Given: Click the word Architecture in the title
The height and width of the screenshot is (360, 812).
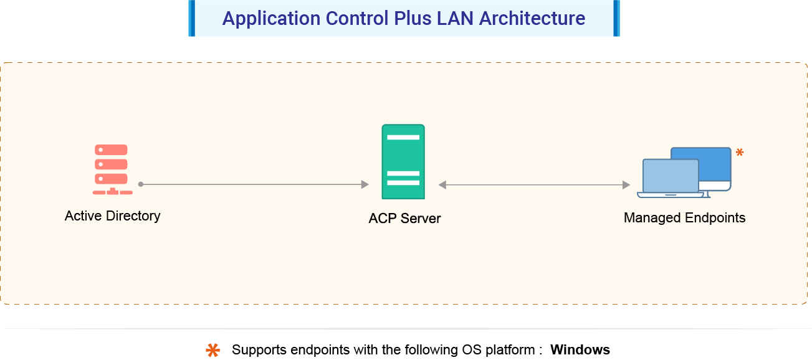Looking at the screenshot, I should [532, 19].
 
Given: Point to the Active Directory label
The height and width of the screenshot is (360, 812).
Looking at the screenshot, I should [113, 216].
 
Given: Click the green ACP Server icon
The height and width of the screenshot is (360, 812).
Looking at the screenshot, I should [403, 162].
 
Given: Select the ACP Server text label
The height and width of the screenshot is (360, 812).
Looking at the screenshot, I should [404, 219].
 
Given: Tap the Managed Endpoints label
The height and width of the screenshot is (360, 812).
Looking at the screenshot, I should [684, 218].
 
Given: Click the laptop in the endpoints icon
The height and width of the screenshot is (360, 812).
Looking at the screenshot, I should [671, 178].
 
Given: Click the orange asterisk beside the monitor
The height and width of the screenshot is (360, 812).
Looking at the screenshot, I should [740, 153].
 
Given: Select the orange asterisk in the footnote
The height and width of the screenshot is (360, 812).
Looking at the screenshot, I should [213, 350].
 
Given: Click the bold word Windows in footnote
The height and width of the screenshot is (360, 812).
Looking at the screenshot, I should [580, 350].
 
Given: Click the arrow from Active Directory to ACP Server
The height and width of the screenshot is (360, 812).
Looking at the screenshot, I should [256, 184].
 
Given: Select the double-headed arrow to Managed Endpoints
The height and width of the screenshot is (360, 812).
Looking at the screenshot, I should [534, 185].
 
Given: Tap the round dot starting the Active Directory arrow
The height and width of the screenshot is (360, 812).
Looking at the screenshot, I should [141, 184].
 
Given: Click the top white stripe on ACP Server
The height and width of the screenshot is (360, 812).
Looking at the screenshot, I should [403, 137].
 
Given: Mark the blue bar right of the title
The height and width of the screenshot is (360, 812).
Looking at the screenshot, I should [616, 18].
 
